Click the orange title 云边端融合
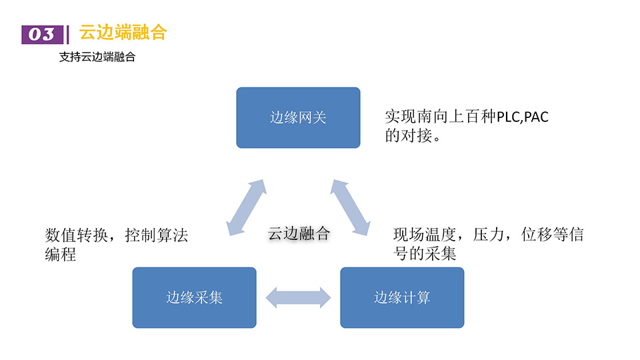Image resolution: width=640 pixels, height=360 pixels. click(123, 32)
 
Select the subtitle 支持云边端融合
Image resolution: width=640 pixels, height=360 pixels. click(97, 57)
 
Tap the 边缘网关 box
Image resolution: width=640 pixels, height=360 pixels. click(298, 117)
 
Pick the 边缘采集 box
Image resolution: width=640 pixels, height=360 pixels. click(194, 297)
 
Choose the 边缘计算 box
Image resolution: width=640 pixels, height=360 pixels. click(402, 297)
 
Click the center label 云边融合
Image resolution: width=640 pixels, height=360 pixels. click(299, 233)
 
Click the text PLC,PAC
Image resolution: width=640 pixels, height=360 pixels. click(523, 117)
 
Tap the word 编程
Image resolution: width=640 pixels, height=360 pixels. click(60, 254)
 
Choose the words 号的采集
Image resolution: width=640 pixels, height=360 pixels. click(425, 253)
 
